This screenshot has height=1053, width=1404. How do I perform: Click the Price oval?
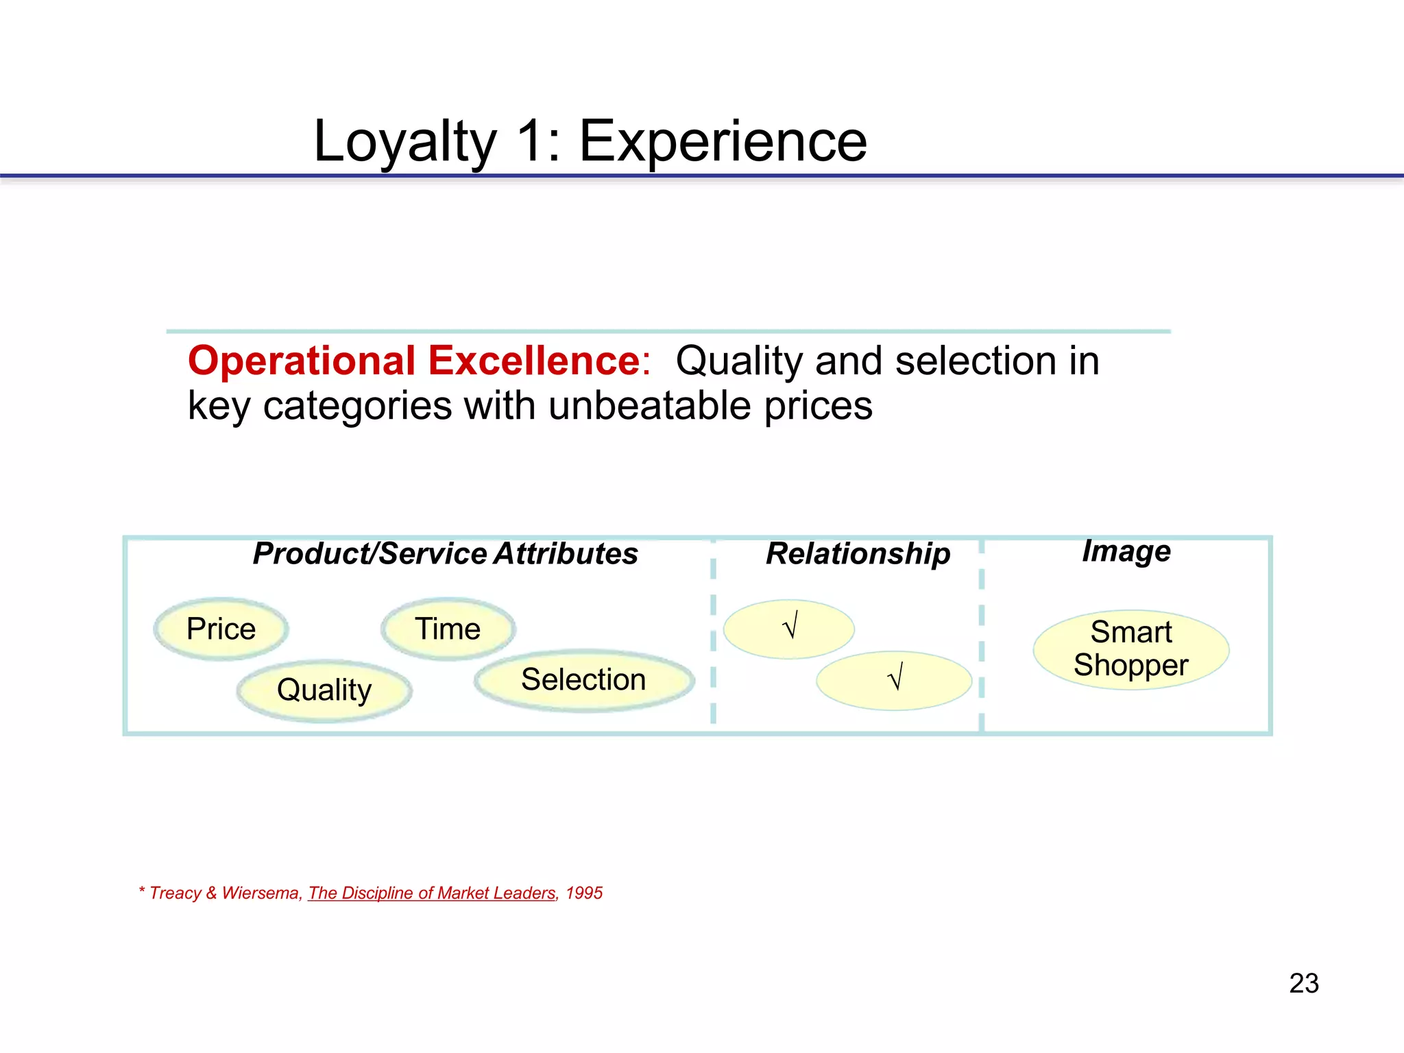click(x=221, y=629)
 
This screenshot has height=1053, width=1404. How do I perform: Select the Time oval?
click(x=448, y=629)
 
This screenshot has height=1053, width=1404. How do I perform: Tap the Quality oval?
click(x=324, y=690)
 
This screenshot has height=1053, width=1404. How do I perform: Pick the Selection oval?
click(x=584, y=680)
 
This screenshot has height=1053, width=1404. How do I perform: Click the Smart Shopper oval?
click(x=1131, y=649)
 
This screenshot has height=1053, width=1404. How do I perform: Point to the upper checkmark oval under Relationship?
click(x=789, y=629)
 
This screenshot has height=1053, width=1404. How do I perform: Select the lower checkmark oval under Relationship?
click(x=894, y=680)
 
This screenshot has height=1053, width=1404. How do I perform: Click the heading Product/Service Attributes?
click(x=446, y=554)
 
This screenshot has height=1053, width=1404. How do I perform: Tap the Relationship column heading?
click(x=858, y=554)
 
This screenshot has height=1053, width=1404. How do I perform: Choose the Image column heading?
click(x=1126, y=551)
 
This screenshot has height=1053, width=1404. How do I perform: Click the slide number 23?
click(x=1304, y=983)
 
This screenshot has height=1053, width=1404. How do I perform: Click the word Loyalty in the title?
click(x=404, y=142)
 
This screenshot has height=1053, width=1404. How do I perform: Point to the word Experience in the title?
click(x=723, y=142)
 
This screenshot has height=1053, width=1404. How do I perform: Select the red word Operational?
click(x=302, y=361)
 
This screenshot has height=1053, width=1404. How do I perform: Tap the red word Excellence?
click(x=535, y=361)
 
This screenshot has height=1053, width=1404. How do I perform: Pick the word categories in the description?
click(x=357, y=406)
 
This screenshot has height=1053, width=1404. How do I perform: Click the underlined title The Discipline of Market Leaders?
click(x=432, y=893)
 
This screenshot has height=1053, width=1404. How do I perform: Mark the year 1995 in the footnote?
click(x=584, y=893)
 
